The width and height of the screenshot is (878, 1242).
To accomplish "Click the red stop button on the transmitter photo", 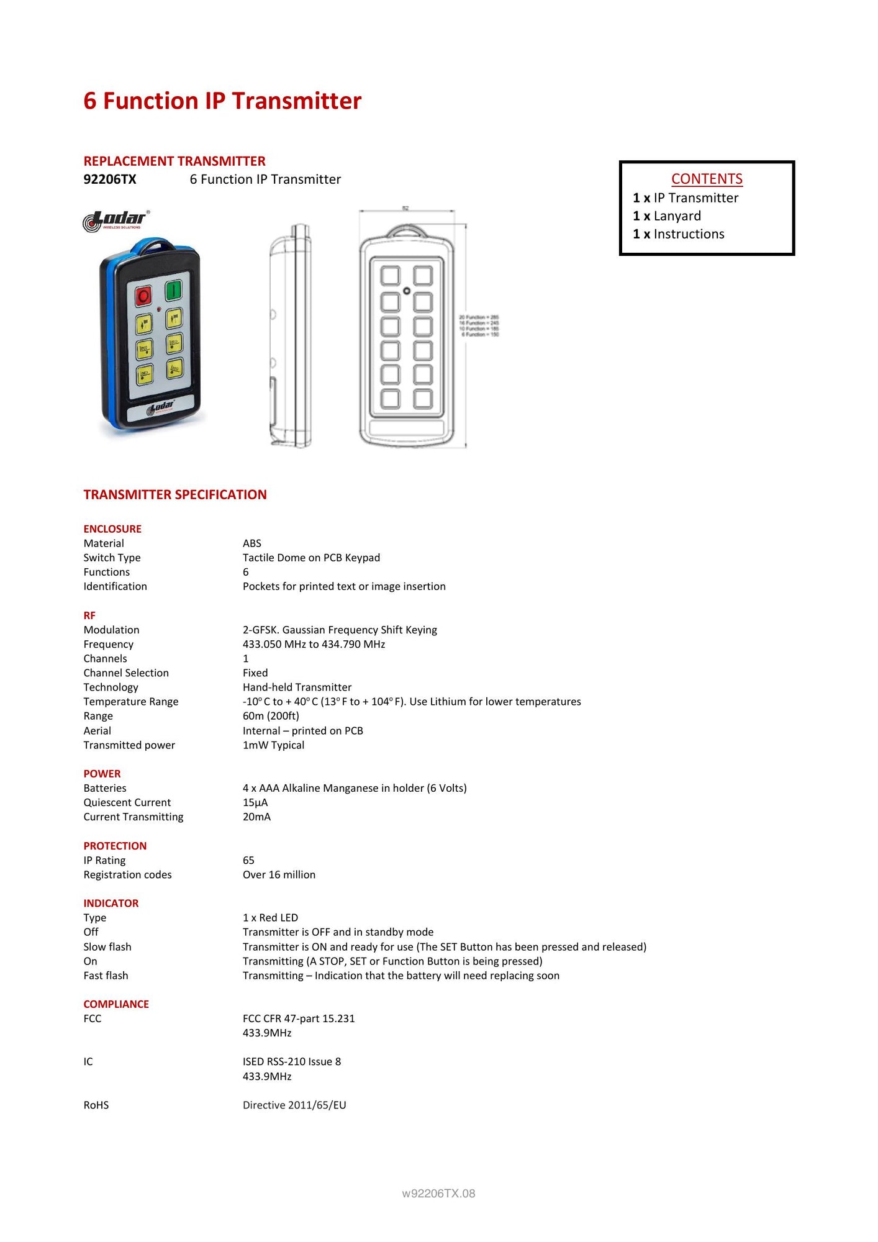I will click(x=143, y=295).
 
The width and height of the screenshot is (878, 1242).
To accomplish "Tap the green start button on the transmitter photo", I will click(x=173, y=289).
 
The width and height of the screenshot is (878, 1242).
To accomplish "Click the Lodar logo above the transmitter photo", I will click(x=116, y=220).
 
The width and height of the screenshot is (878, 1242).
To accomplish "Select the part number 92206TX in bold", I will click(x=110, y=179).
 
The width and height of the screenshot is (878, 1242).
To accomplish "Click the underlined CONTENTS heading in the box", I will click(x=707, y=179).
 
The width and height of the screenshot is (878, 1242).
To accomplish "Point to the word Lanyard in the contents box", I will click(x=677, y=216).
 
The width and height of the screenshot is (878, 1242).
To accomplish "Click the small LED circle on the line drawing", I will click(x=407, y=291).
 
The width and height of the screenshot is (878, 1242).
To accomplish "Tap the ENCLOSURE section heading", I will click(x=112, y=529).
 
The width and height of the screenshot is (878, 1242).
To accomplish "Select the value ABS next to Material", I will click(x=252, y=543).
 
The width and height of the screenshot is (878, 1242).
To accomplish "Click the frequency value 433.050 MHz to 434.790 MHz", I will click(x=314, y=645).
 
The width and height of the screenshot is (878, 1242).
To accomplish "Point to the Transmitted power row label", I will click(x=129, y=745).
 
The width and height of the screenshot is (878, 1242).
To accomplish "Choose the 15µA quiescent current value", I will click(x=255, y=802).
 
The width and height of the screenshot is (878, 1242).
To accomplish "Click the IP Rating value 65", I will click(x=248, y=860).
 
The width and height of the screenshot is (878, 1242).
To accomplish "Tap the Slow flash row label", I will click(x=107, y=947).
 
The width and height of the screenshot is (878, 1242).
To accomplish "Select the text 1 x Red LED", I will click(x=270, y=918).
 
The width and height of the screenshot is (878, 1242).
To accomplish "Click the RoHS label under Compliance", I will click(x=96, y=1105).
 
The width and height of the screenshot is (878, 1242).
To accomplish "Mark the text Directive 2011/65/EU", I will click(x=294, y=1105).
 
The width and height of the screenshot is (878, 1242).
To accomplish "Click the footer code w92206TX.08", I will click(x=438, y=1194).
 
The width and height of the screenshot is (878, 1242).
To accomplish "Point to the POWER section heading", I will click(x=102, y=774).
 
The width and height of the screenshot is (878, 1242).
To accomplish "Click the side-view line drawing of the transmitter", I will click(x=291, y=335).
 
